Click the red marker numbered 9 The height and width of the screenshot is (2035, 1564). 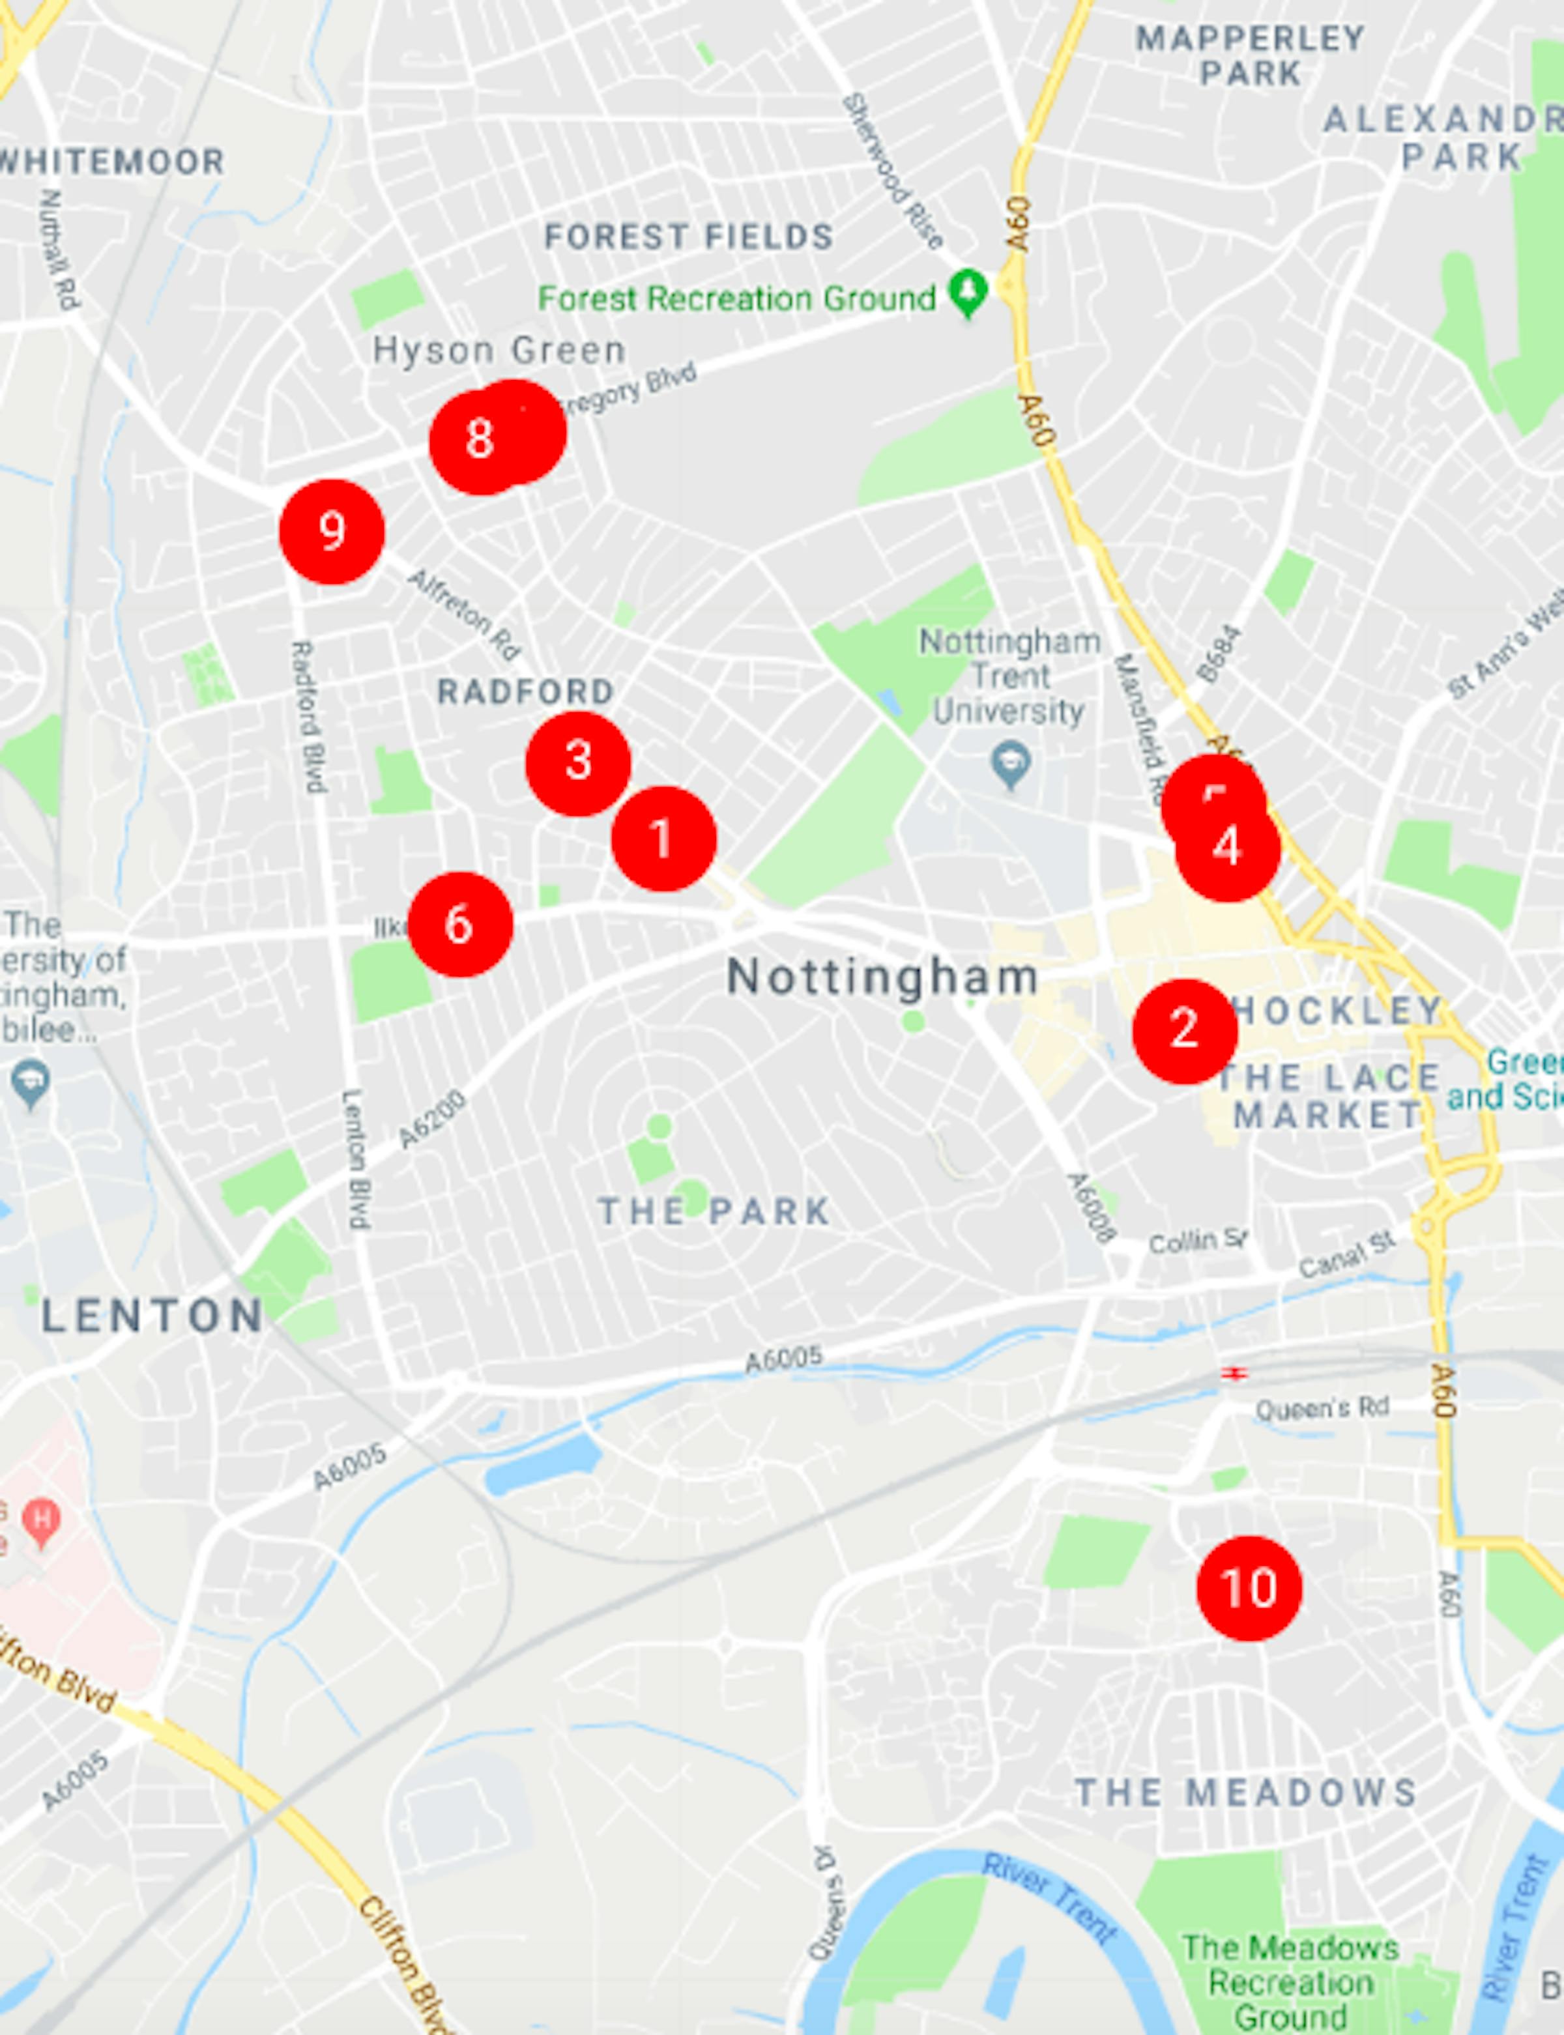[x=332, y=532]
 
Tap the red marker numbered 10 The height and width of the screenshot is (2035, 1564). [x=1249, y=1588]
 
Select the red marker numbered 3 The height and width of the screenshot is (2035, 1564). [x=578, y=763]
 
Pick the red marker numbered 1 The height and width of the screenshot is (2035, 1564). [x=663, y=838]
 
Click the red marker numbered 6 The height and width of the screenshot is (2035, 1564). [x=460, y=925]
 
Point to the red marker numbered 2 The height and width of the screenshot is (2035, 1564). [x=1184, y=1031]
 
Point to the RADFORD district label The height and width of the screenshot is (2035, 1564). [x=526, y=691]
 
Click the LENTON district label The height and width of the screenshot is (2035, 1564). [x=152, y=1316]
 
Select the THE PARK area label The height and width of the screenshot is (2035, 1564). [x=714, y=1211]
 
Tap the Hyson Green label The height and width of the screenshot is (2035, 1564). [x=499, y=351]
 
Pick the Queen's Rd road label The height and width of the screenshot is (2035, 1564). [x=1322, y=1409]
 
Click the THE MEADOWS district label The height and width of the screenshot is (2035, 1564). [x=1247, y=1791]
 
